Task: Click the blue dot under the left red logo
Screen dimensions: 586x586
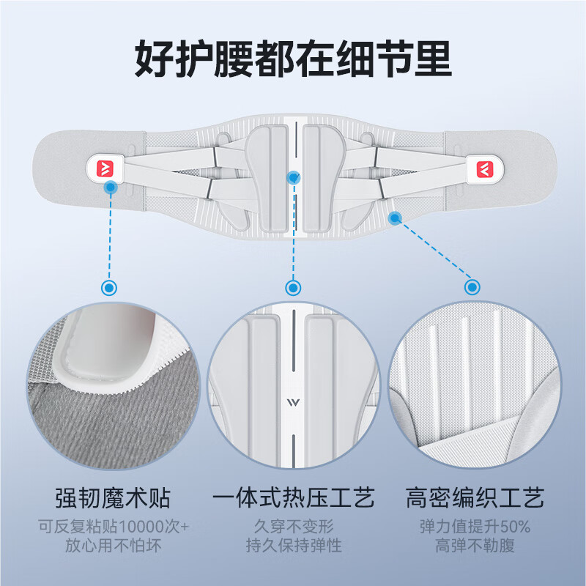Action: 110,188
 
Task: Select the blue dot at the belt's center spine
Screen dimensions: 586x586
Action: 294,177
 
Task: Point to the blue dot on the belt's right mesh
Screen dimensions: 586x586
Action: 395,217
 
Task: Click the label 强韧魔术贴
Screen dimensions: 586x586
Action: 113,499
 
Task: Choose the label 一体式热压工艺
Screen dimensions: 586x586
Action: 293,499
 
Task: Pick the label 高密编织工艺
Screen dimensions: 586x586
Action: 475,499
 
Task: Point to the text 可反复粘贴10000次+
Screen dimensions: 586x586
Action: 113,527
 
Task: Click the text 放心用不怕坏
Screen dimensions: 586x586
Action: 113,546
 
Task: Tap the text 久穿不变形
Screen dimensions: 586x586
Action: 293,527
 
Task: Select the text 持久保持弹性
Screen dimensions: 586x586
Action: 293,546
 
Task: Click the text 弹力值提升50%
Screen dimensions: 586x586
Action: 475,527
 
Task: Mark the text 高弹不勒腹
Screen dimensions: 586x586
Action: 475,546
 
